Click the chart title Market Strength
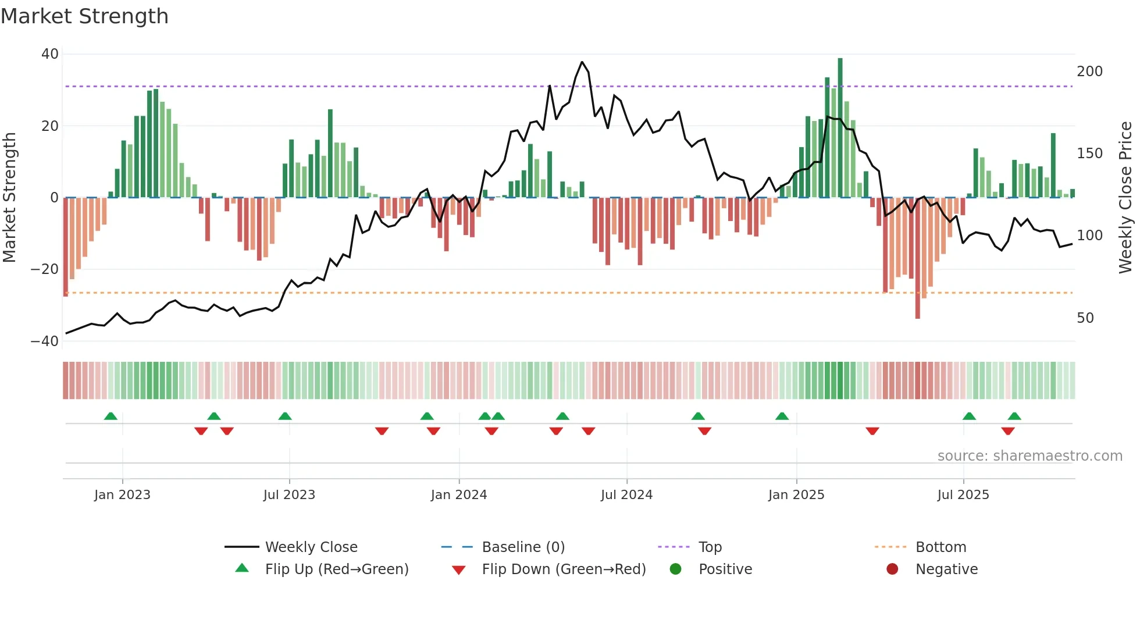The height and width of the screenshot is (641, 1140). coord(84,16)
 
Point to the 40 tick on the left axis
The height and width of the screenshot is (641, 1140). coord(50,54)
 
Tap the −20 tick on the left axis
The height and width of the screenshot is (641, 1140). coord(45,269)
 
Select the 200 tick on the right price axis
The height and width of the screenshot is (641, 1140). coord(1089,72)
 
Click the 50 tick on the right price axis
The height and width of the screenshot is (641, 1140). coord(1085,318)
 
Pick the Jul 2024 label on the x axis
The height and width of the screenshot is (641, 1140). coord(626,495)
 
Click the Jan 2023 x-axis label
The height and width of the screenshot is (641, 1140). coord(122,495)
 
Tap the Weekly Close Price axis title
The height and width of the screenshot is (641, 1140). coord(1125,198)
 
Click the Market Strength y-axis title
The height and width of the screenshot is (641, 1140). coord(10,198)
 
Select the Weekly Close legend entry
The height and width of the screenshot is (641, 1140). coord(311,547)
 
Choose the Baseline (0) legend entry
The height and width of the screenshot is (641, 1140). coord(523,547)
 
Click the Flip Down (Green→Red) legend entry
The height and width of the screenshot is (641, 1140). coord(563,569)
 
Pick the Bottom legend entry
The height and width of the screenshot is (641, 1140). coord(940,547)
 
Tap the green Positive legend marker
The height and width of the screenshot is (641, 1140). coord(675,569)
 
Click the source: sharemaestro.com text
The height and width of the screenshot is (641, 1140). coord(1029,456)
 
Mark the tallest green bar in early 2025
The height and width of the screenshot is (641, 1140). coord(840,128)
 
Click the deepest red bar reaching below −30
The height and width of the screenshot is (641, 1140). coord(917,259)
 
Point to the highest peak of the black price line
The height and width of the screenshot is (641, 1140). coord(582,62)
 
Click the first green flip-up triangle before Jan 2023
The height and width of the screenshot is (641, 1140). coord(111,416)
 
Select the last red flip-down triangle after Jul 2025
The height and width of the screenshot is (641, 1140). coord(1008,431)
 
